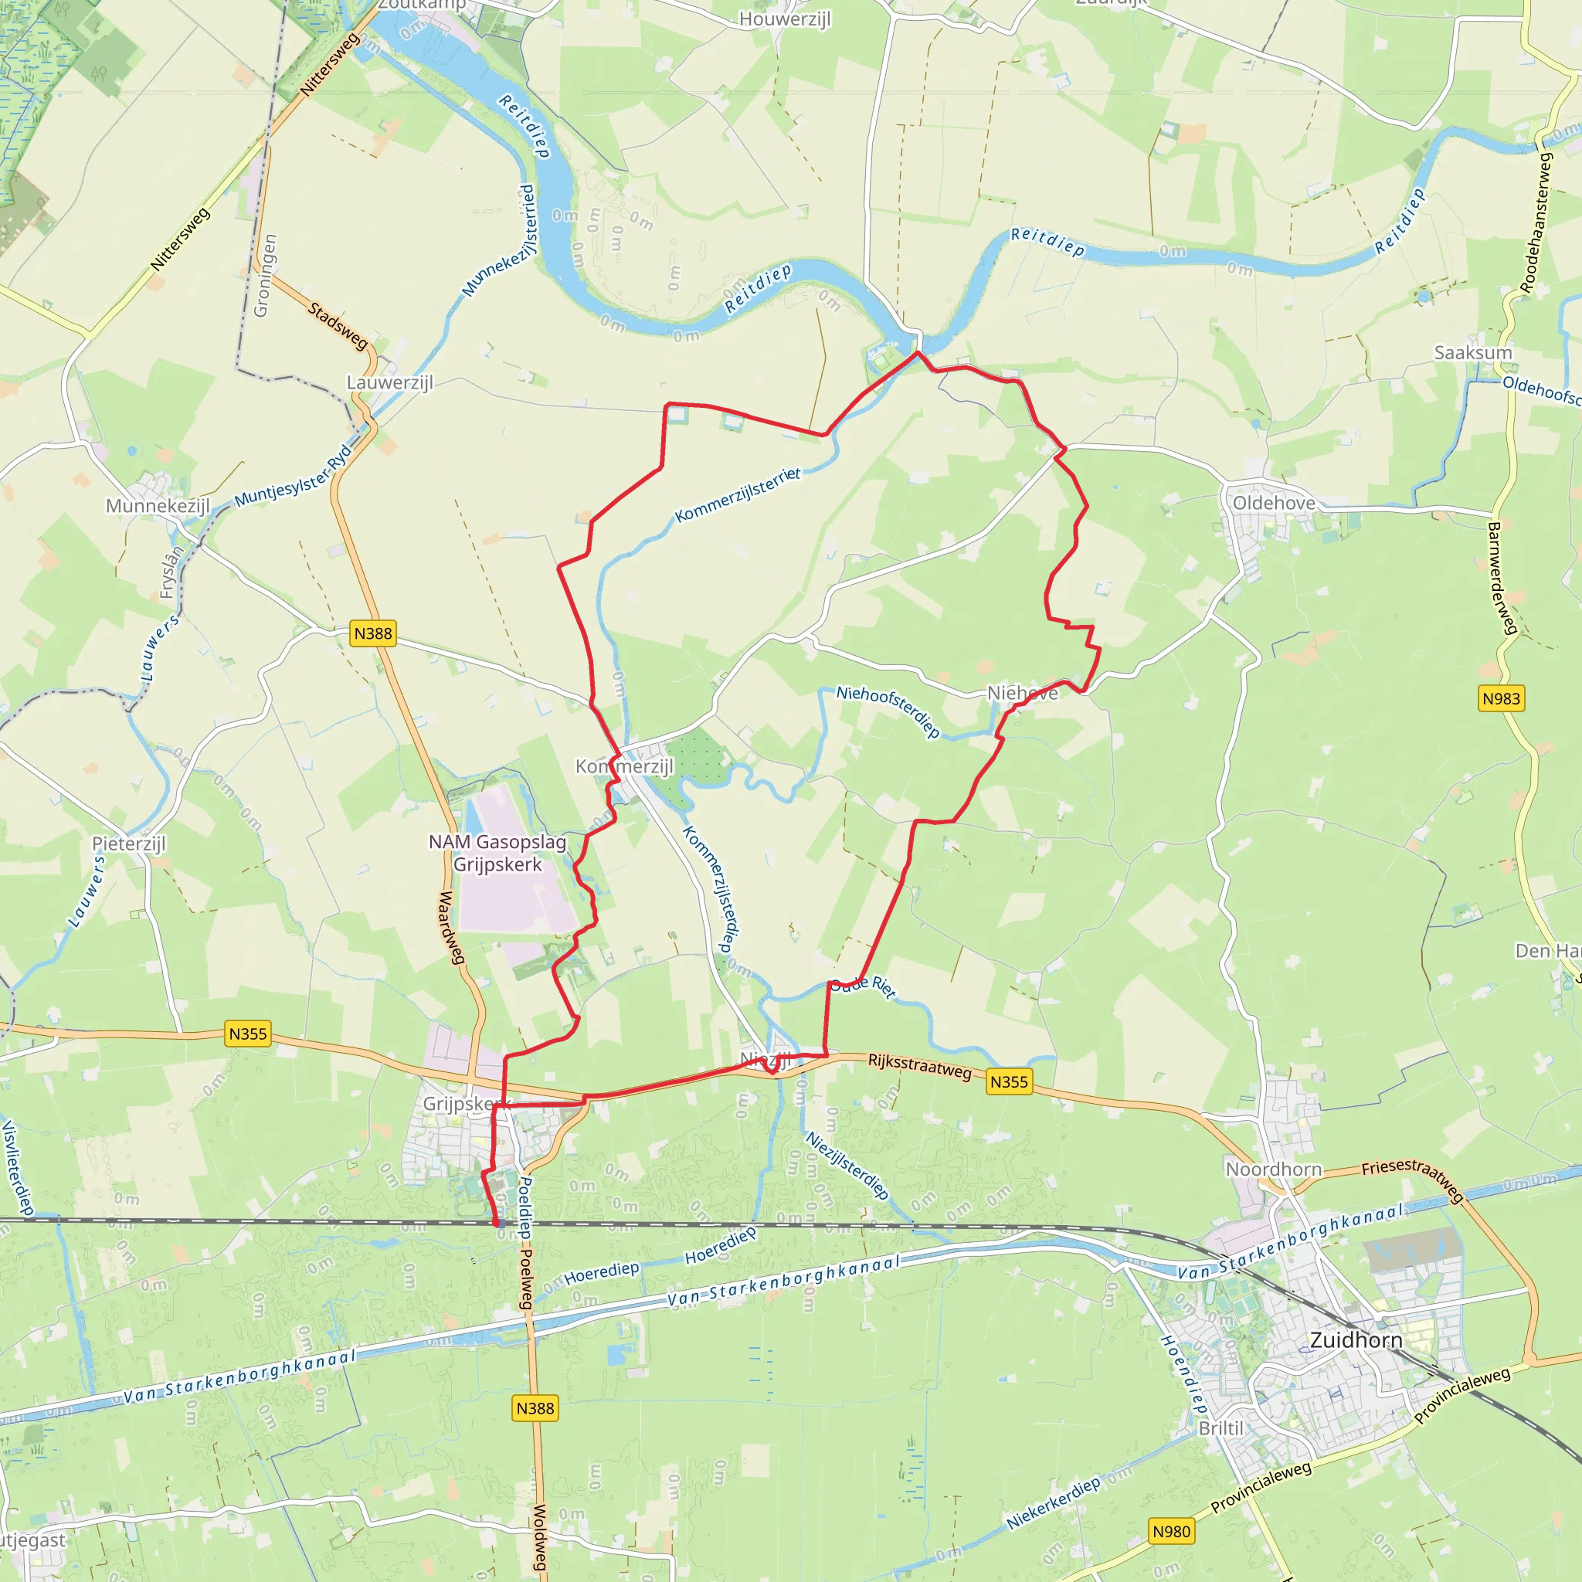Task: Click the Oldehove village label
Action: pos(1273,503)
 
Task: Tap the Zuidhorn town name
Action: pos(1356,1339)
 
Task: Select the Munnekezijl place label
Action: pos(158,505)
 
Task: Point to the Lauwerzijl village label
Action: pos(389,382)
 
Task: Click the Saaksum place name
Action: pos(1472,352)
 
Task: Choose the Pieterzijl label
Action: pos(128,843)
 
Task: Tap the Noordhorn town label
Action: pos(1273,1169)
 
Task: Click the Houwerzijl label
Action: pos(785,19)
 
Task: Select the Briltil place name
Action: pos(1220,1428)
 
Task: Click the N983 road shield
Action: pos(1501,698)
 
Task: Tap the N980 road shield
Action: pos(1171,1531)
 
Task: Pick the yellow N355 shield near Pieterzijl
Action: pos(247,1034)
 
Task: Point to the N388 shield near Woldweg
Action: pos(535,1407)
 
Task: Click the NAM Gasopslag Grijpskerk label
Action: pos(497,853)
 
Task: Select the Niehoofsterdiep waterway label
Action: pos(888,711)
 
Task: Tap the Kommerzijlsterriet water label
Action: pos(737,494)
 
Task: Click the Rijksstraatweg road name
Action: pos(919,1065)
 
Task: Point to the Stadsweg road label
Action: pos(338,325)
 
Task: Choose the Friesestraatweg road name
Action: pos(1413,1179)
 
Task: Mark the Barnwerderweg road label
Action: pos(1502,578)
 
